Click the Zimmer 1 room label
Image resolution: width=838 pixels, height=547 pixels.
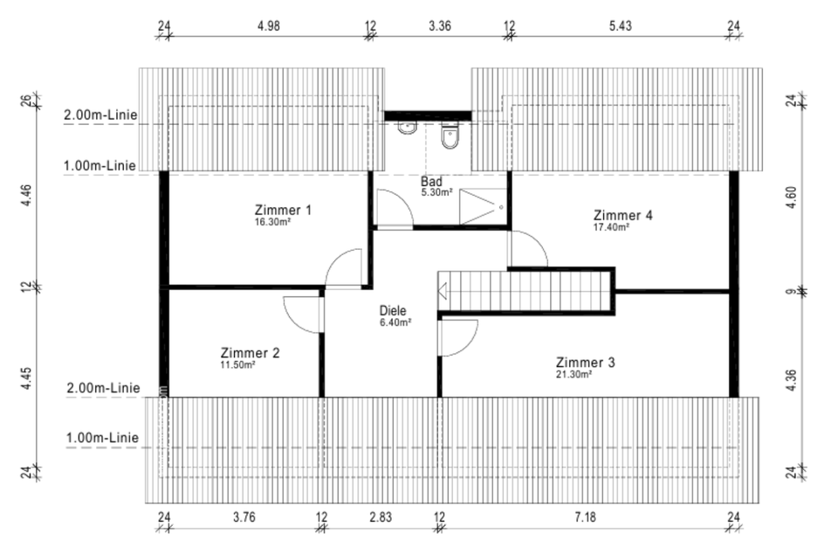click(283, 210)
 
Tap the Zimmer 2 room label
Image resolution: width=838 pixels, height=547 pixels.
click(251, 353)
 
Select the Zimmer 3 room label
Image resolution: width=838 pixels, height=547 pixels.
click(585, 363)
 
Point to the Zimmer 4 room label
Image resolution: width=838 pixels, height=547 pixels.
click(622, 215)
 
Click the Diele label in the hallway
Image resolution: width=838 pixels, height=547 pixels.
click(393, 310)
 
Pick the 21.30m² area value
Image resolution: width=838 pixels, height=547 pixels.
click(574, 375)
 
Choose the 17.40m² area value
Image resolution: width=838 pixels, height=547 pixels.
click(611, 227)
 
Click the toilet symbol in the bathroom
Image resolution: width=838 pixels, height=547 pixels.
click(450, 136)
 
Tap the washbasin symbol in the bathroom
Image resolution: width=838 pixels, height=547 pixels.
click(408, 128)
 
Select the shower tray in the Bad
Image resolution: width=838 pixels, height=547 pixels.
click(483, 206)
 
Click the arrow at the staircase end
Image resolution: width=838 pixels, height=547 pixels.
click(442, 292)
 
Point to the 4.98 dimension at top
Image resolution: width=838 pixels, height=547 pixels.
click(268, 25)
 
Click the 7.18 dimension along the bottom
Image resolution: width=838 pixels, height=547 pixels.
click(585, 517)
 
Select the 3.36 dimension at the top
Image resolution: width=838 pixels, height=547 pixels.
click(440, 25)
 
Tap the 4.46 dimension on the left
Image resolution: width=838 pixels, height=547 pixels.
click(28, 196)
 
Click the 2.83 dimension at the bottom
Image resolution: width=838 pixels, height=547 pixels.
click(381, 517)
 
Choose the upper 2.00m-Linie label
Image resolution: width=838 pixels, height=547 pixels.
click(100, 114)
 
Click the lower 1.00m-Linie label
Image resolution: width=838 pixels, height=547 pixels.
click(103, 438)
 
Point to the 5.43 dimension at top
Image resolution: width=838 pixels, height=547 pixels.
click(620, 25)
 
